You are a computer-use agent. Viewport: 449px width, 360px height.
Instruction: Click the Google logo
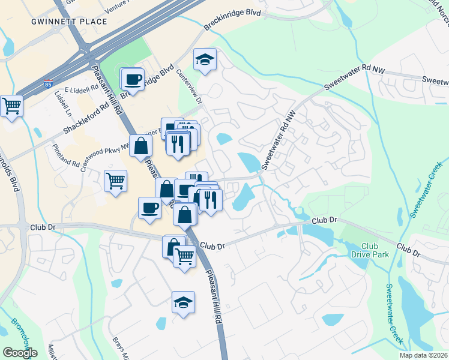pyautogui.click(x=20, y=352)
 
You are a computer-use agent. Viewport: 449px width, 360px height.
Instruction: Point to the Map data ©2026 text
pyautogui.click(x=424, y=355)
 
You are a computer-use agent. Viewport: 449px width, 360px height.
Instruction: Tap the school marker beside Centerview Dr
pyautogui.click(x=205, y=60)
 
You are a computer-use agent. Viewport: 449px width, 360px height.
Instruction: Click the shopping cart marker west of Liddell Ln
pyautogui.click(x=11, y=106)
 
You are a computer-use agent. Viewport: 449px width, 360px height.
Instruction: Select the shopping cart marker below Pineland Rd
pyautogui.click(x=115, y=180)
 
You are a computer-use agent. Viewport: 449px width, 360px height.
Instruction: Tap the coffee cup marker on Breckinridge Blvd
pyautogui.click(x=133, y=80)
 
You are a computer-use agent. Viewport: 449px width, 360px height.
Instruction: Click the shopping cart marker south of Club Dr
pyautogui.click(x=184, y=257)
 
